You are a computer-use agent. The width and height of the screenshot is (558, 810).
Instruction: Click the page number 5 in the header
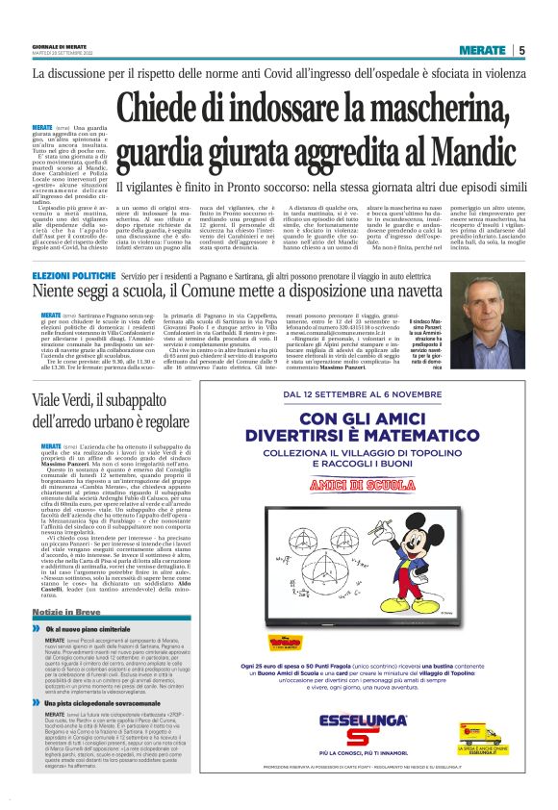click(x=521, y=50)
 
